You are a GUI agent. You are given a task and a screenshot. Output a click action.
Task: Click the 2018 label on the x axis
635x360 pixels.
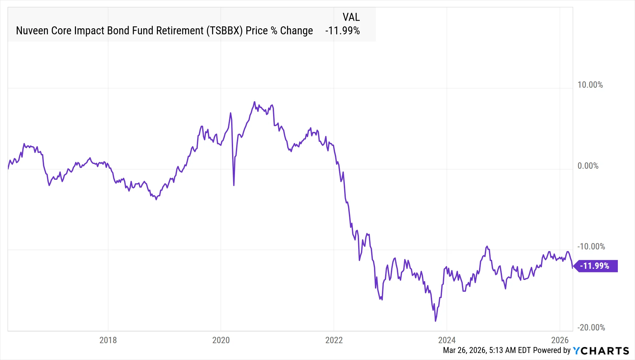108,340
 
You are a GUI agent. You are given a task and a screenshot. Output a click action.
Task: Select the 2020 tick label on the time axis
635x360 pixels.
221,340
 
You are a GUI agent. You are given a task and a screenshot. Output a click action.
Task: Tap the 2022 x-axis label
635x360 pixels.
334,340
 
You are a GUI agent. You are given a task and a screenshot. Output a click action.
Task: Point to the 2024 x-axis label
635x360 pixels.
447,340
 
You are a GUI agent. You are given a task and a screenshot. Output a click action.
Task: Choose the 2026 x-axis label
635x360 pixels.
560,340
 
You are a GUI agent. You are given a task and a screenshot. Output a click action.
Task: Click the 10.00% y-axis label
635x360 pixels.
590,85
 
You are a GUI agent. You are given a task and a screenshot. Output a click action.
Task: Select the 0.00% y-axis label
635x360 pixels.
588,166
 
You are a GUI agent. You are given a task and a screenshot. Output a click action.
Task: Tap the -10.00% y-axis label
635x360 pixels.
591,247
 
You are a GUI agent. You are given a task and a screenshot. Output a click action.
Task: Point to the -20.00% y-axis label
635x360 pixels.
591,328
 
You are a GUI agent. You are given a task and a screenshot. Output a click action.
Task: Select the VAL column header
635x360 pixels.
351,17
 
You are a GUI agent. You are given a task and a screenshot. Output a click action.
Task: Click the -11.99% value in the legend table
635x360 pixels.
342,31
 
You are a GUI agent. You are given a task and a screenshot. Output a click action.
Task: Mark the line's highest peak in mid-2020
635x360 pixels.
254,102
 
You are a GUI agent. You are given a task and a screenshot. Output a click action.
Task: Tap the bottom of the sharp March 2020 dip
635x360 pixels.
234,185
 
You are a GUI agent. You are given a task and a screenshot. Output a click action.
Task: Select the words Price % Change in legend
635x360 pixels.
279,31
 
